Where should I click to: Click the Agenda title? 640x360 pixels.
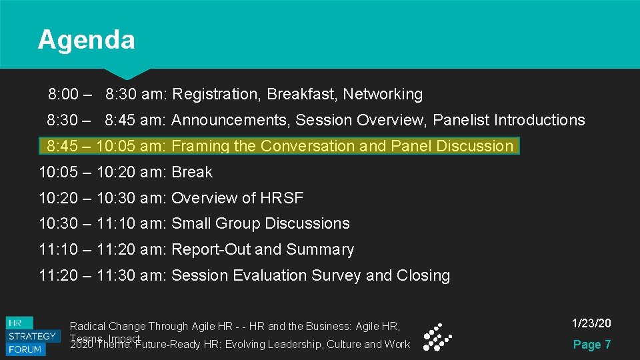(86, 40)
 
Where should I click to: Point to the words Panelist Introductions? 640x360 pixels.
(509, 121)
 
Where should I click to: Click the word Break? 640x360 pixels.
(192, 172)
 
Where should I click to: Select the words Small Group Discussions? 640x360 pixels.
(261, 224)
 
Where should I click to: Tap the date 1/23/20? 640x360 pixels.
(591, 324)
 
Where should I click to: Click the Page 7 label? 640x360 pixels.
(591, 345)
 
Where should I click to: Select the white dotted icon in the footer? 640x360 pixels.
(437, 337)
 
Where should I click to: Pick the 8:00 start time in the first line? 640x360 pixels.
(63, 95)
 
